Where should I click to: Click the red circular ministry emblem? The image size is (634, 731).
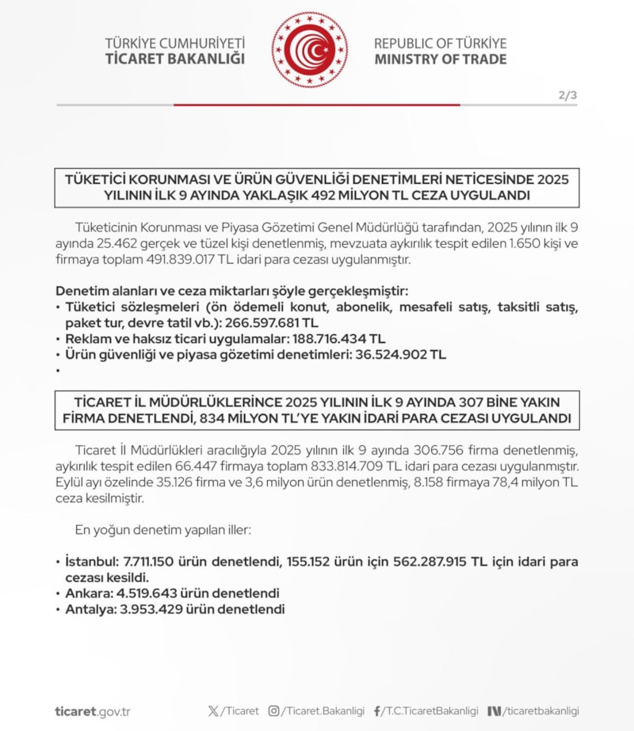[x=309, y=50]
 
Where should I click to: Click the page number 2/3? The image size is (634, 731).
[x=567, y=96]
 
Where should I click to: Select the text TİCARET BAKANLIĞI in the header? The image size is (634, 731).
[x=174, y=59]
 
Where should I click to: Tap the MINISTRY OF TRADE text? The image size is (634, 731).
[x=440, y=59]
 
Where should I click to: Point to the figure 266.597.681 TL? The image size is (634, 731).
[x=272, y=323]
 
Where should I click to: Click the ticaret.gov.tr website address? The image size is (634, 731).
[x=93, y=711]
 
